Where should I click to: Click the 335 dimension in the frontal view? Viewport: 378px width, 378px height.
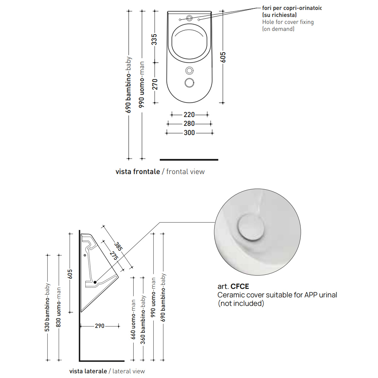click(x=154, y=39)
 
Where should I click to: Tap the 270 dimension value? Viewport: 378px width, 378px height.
click(x=155, y=84)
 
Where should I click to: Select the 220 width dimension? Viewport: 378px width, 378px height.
click(x=189, y=115)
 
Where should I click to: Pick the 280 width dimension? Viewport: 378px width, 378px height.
click(x=189, y=123)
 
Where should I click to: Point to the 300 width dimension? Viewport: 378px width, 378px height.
click(x=189, y=133)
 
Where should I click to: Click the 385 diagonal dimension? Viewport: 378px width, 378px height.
click(x=118, y=247)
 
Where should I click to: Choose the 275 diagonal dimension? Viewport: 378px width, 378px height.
click(x=114, y=256)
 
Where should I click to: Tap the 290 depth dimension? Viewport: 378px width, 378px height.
click(x=100, y=326)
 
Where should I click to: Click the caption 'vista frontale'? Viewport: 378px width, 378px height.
click(x=138, y=172)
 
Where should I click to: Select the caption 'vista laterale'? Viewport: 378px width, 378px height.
click(x=88, y=371)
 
